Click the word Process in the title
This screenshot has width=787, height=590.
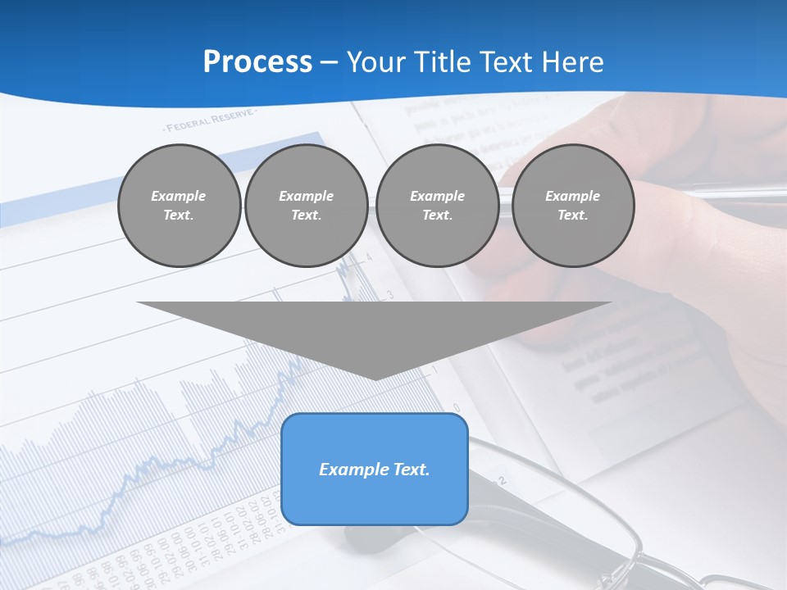(x=257, y=62)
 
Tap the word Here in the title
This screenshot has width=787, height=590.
(x=571, y=62)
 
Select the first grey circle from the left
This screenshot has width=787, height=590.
(x=179, y=206)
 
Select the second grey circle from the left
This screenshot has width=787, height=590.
(x=306, y=206)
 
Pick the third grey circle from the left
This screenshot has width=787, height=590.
(x=437, y=206)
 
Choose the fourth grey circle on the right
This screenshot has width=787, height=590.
(x=572, y=206)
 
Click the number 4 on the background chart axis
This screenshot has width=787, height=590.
(x=369, y=257)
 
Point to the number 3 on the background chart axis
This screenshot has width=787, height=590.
(x=390, y=293)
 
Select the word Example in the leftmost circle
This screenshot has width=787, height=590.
(x=179, y=196)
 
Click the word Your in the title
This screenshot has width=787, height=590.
(x=377, y=62)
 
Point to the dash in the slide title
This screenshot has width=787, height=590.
(x=330, y=62)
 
